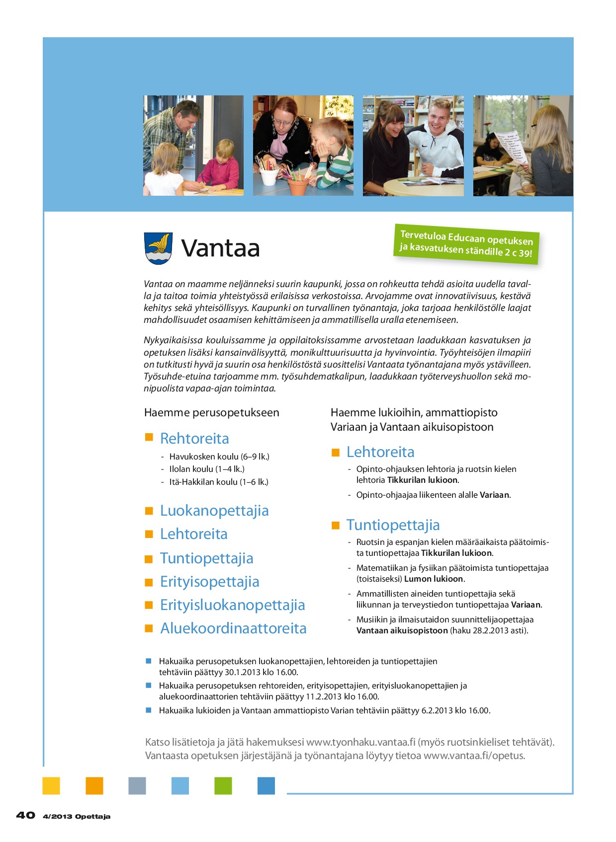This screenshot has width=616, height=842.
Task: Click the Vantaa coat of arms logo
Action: [158, 248]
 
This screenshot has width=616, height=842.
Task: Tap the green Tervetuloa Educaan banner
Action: [466, 243]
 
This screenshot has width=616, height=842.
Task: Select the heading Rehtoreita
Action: [194, 439]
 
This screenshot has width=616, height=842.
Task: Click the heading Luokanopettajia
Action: [214, 511]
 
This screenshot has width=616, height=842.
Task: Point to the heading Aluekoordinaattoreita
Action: [233, 628]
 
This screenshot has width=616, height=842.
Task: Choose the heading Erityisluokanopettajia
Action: [232, 605]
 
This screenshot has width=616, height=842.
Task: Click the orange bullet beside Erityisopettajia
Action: [149, 582]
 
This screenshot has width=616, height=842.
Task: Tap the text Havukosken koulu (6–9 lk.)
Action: [219, 457]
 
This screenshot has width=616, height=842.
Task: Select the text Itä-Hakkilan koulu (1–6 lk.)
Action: [219, 482]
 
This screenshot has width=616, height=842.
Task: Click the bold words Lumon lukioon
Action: [434, 579]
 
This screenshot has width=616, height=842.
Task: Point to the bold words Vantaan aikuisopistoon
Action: [402, 630]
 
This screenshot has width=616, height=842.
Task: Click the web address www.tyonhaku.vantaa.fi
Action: [360, 742]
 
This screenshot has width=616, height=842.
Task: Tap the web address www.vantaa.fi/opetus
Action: [474, 756]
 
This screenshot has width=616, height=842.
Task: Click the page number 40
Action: [26, 815]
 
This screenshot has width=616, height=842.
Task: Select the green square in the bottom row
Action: [223, 786]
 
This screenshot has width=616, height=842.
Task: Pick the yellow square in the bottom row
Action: [51, 786]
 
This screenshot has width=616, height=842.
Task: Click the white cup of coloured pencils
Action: [268, 175]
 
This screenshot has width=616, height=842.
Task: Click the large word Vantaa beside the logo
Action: [220, 248]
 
